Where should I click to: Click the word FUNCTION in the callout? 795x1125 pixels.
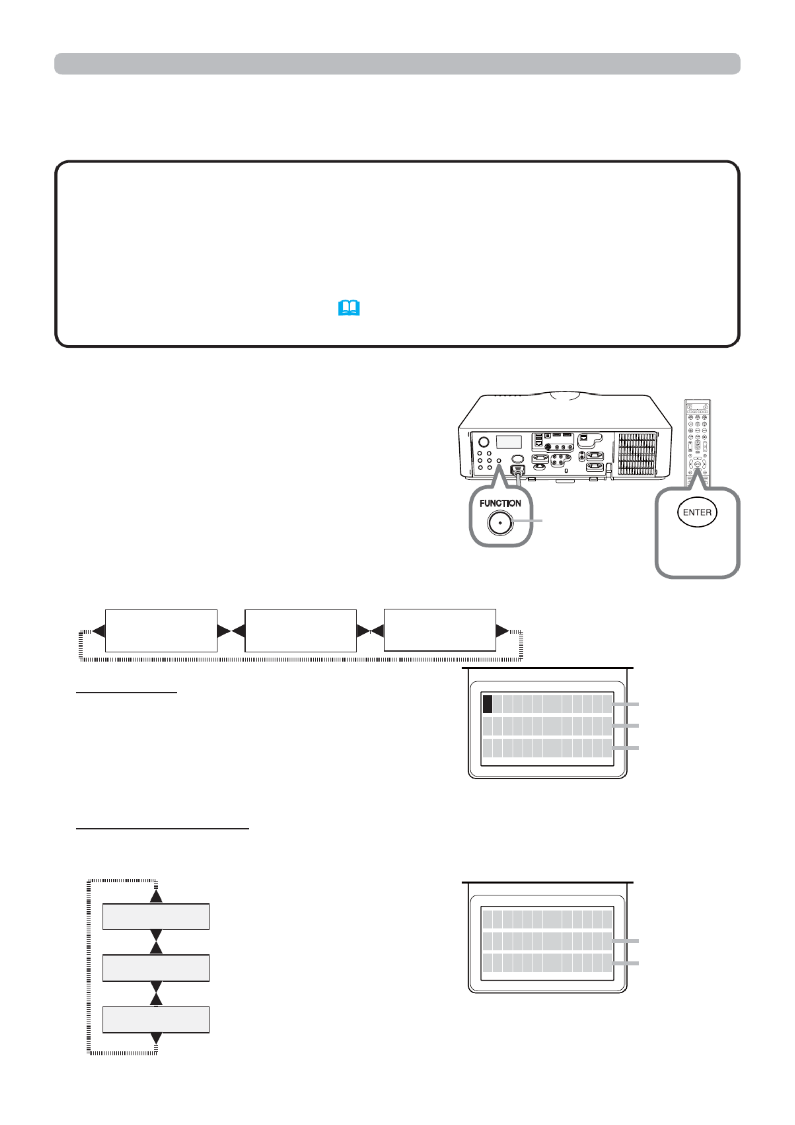pyautogui.click(x=499, y=503)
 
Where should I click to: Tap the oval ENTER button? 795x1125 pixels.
pyautogui.click(x=697, y=512)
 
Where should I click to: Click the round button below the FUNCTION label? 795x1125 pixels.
pyautogui.click(x=500, y=523)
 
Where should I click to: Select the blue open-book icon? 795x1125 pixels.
pyautogui.click(x=349, y=308)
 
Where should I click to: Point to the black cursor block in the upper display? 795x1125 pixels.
pyautogui.click(x=487, y=704)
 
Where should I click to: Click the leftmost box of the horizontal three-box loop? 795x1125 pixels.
pyautogui.click(x=161, y=631)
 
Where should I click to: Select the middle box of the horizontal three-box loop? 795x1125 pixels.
pyautogui.click(x=300, y=631)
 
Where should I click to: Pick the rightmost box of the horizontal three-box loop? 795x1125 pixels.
pyautogui.click(x=440, y=630)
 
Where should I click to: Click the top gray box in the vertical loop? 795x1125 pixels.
pyautogui.click(x=156, y=916)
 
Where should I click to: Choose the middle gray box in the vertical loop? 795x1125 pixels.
pyautogui.click(x=156, y=968)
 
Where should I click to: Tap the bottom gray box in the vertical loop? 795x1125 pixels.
pyautogui.click(x=156, y=1019)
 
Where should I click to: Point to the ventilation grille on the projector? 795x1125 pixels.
pyautogui.click(x=637, y=454)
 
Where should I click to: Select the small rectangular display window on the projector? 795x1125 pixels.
pyautogui.click(x=508, y=442)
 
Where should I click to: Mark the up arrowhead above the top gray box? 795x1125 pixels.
pyautogui.click(x=156, y=896)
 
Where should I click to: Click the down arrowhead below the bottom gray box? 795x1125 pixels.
pyautogui.click(x=156, y=1038)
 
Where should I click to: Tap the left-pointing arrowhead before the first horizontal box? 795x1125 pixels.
pyautogui.click(x=99, y=631)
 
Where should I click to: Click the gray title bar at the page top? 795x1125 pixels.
pyautogui.click(x=397, y=64)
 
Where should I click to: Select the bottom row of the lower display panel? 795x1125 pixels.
pyautogui.click(x=547, y=963)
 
